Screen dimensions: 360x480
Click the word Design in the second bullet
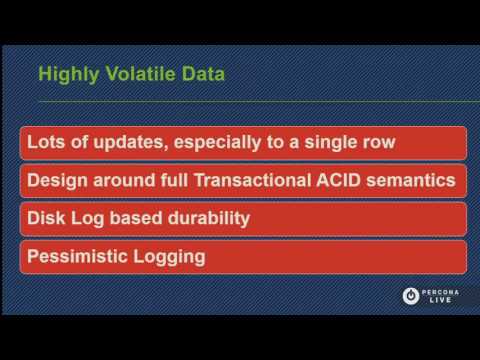58,181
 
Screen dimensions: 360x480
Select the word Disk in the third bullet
46,218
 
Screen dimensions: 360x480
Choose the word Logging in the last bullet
172,257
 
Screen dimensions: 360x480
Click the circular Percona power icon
410,295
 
